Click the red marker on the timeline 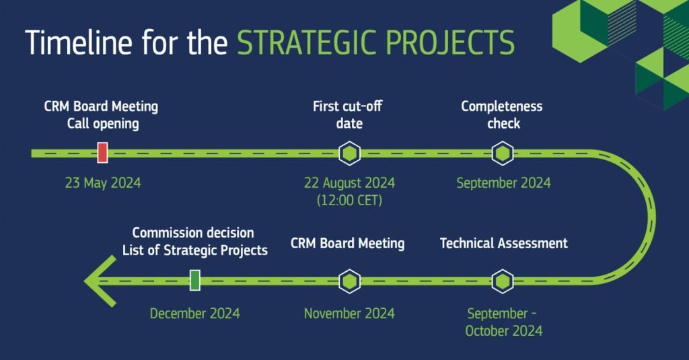(102, 153)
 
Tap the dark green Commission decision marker (194, 280)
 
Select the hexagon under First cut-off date (350, 153)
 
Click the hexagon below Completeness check (503, 153)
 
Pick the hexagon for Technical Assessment (503, 281)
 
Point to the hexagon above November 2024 (350, 281)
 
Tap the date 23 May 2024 (103, 183)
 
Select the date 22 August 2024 (350, 183)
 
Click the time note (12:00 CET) (350, 201)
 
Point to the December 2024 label (195, 314)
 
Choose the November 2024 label (350, 314)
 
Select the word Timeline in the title (79, 42)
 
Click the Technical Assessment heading (504, 243)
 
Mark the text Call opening (103, 124)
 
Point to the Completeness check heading (502, 114)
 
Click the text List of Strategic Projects (195, 250)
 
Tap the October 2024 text (504, 331)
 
